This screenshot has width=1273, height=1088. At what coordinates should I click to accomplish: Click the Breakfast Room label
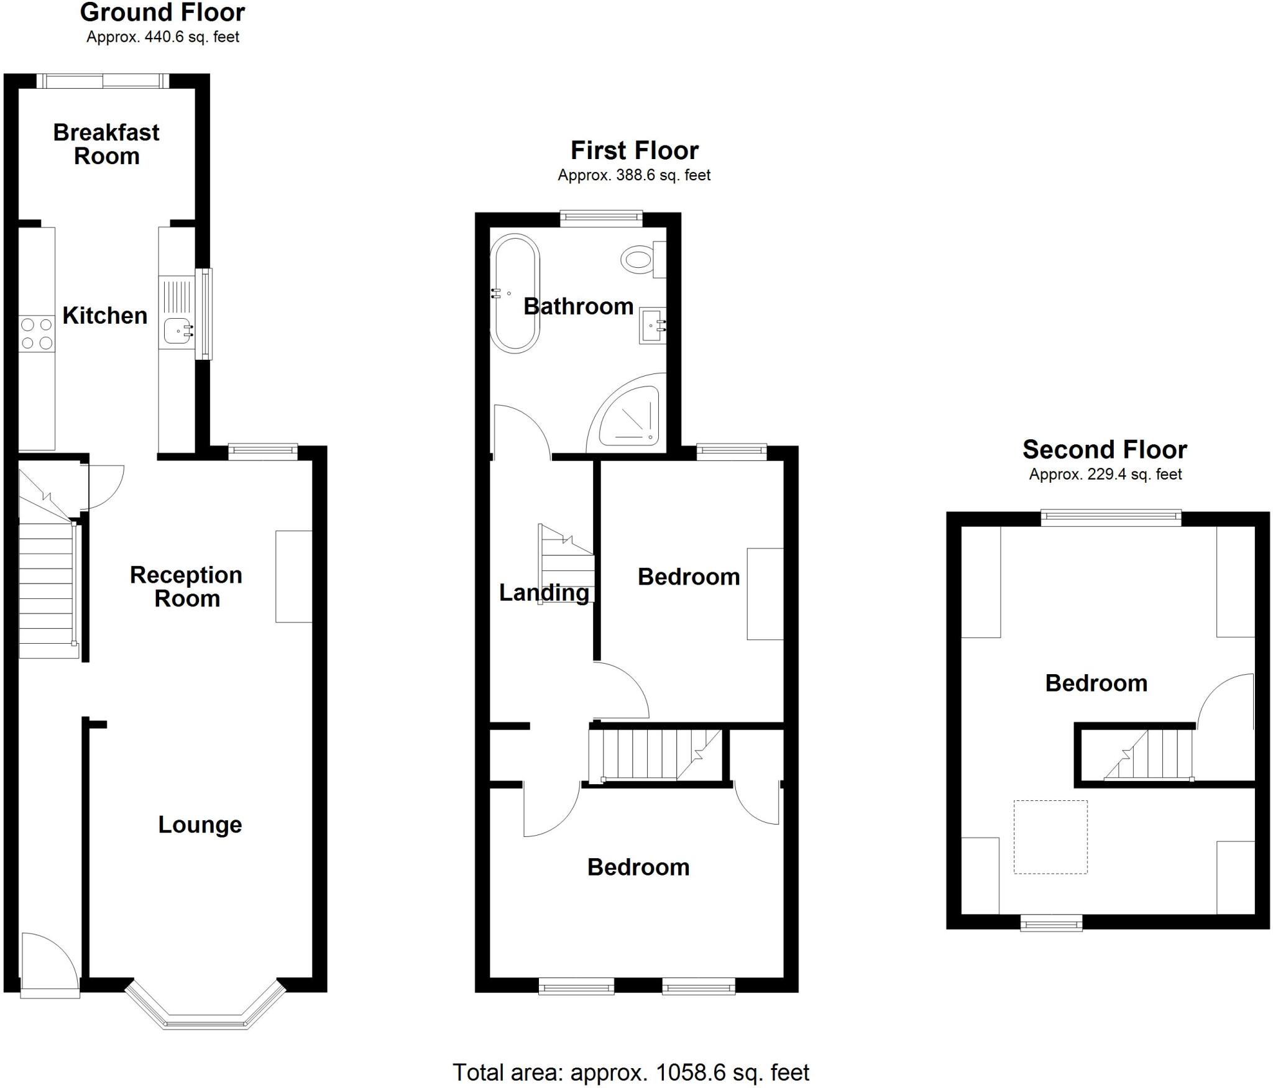(106, 144)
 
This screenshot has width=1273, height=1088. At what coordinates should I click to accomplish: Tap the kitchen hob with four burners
(37, 334)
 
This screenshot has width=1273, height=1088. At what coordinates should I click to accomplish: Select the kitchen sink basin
(178, 330)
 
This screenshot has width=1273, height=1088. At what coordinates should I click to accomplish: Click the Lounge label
(200, 825)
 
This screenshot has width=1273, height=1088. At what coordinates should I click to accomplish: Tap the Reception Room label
(186, 586)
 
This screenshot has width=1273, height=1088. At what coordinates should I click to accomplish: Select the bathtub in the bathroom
(515, 294)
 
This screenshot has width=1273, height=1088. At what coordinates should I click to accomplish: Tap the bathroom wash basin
(653, 325)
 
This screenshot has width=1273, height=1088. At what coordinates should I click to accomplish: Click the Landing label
(544, 592)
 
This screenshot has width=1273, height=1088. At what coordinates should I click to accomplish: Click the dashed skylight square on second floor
(1050, 836)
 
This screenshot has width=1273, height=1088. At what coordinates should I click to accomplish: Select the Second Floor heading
(1105, 449)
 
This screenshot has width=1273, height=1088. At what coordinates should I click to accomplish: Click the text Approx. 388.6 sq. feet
(634, 175)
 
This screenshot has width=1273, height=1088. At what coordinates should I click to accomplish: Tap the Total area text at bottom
(630, 1072)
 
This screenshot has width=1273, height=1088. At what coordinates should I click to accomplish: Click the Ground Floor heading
(163, 12)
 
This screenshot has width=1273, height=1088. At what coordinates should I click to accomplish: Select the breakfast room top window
(103, 81)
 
